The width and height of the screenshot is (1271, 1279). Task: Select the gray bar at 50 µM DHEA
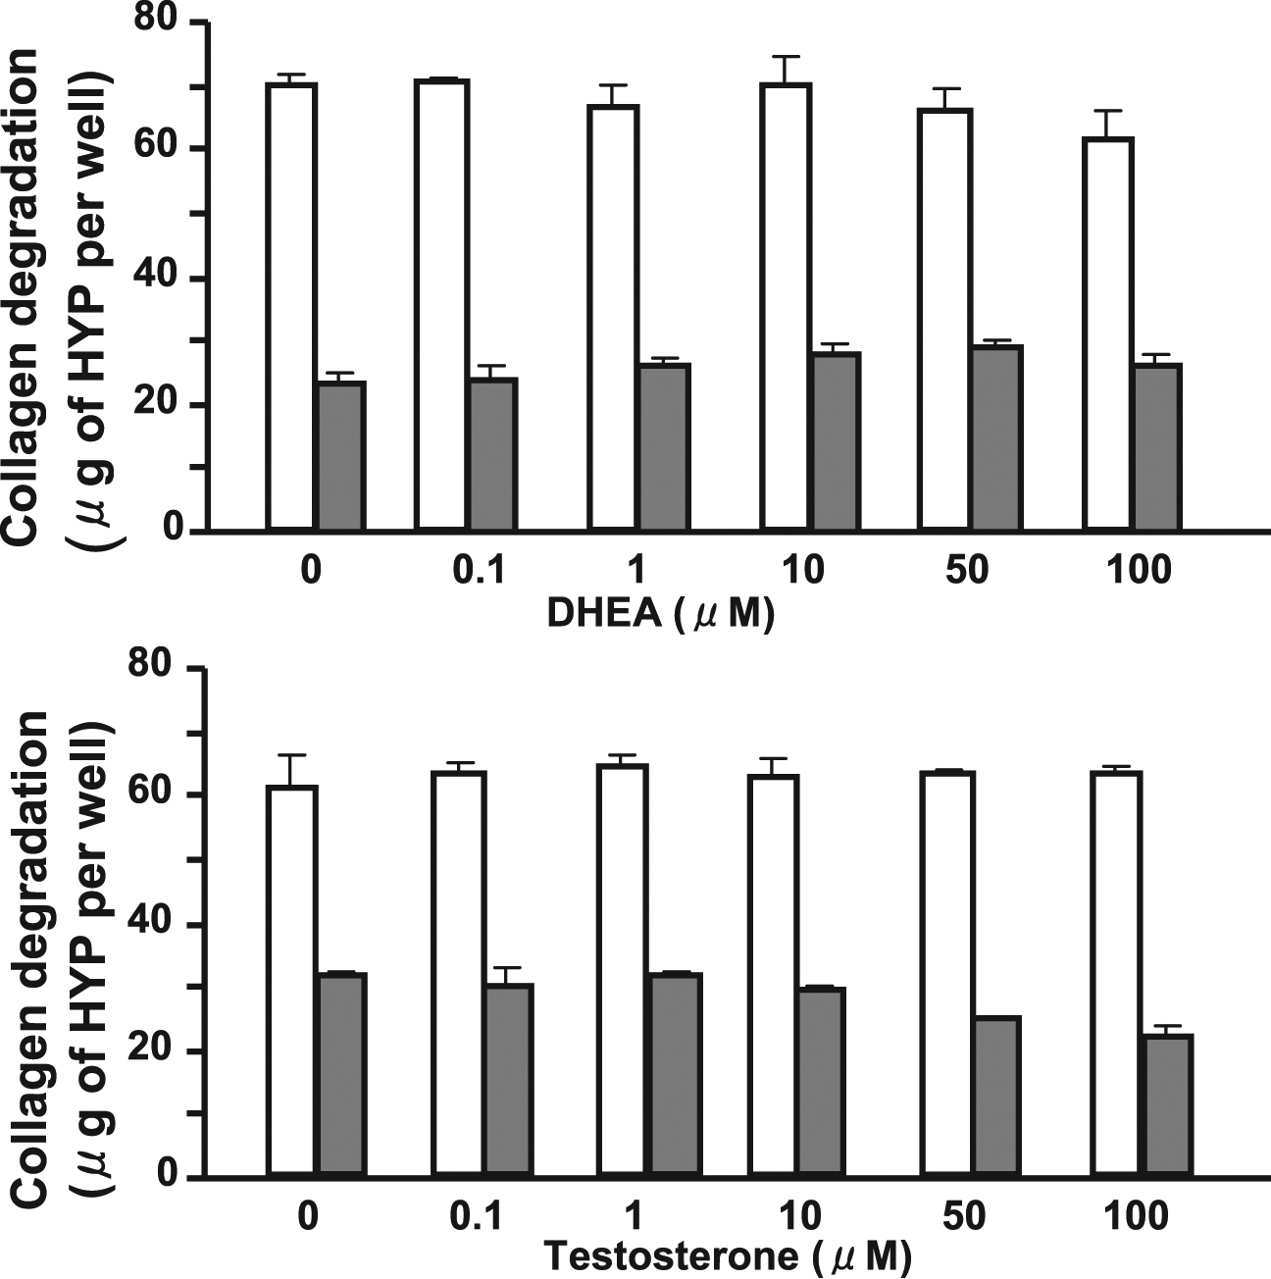996,437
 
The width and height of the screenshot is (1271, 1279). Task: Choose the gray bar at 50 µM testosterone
996,1096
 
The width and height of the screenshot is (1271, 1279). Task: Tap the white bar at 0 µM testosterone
291,980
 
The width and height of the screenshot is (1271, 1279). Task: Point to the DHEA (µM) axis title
660,615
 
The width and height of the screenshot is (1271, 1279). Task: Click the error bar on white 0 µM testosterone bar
291,769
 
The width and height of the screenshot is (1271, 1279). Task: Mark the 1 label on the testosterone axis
633,1216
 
